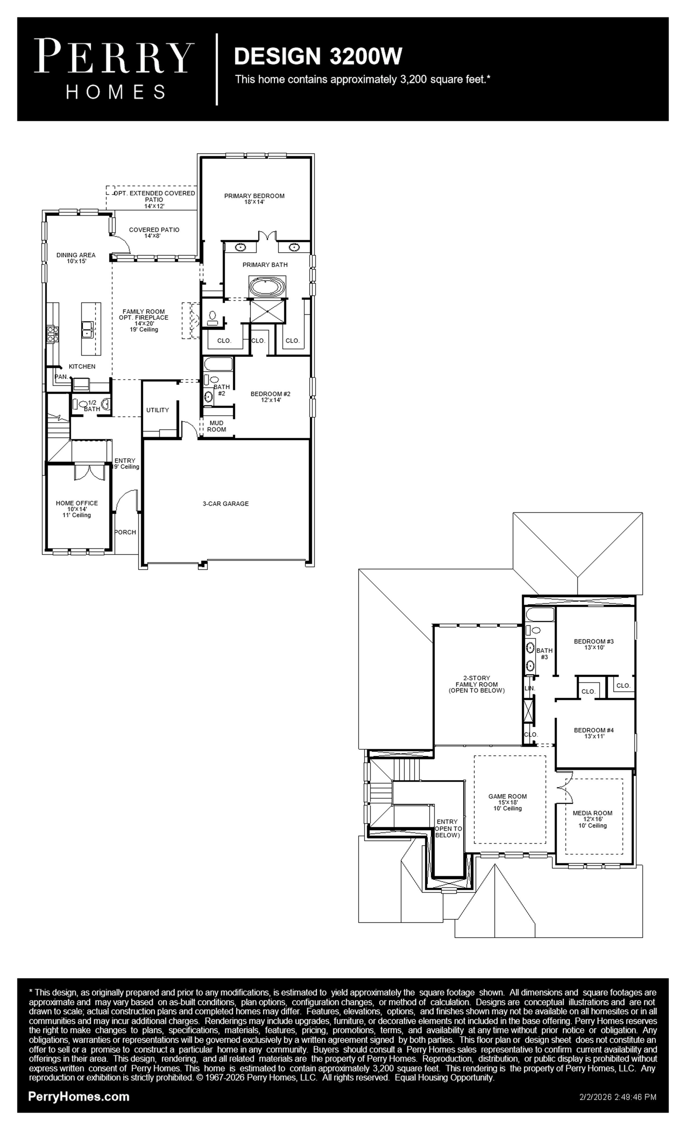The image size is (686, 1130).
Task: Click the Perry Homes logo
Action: [x=114, y=69]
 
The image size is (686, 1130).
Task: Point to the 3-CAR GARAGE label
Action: [x=226, y=504]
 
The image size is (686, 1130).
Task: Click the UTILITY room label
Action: [x=157, y=410]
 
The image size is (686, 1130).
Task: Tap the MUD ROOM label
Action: [x=217, y=426]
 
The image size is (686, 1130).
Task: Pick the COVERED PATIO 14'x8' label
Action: [x=154, y=232]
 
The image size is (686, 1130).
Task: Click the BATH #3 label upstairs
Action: [x=544, y=654]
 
